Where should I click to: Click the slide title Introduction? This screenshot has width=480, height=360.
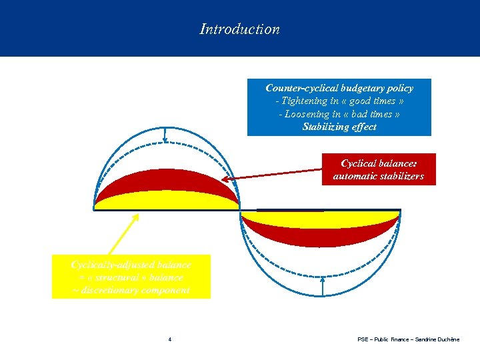[x=239, y=29]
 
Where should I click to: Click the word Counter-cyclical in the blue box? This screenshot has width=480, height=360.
[x=301, y=88]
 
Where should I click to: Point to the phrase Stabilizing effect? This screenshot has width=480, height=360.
[x=339, y=127]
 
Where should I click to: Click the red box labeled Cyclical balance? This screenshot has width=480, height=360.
[x=378, y=169]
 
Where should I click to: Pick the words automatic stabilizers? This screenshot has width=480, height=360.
[x=378, y=177]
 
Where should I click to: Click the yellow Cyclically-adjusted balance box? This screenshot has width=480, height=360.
[x=131, y=276]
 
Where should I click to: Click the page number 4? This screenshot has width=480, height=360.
[x=169, y=340]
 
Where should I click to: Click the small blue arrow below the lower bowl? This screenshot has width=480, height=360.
[x=322, y=286]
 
